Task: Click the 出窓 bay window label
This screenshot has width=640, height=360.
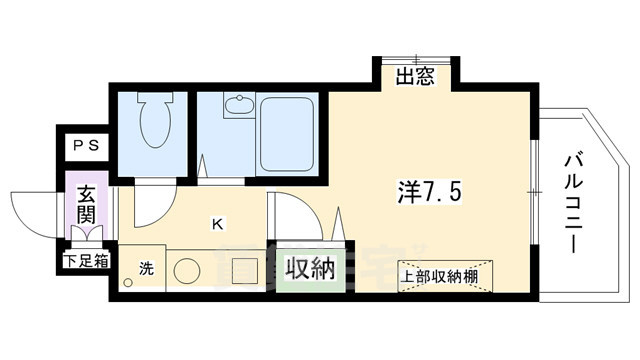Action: click(414, 75)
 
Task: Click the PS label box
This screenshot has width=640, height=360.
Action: click(84, 145)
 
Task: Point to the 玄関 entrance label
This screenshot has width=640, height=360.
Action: click(84, 204)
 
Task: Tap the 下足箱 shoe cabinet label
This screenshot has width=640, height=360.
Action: click(79, 262)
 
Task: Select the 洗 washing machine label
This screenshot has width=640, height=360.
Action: click(146, 267)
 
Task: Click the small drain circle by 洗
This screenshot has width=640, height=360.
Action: click(128, 283)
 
